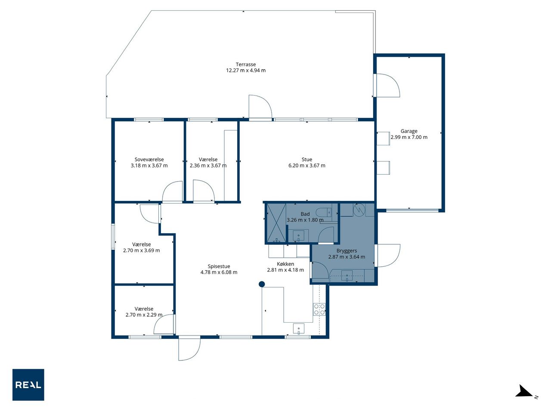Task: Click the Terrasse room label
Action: coord(245,65)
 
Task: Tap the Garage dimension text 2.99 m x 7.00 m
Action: coord(409,137)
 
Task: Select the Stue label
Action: coord(307,160)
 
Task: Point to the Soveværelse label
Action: coord(149,160)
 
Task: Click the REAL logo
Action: coord(28,385)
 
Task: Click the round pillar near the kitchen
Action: coord(262,284)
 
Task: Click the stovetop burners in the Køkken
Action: coord(319,309)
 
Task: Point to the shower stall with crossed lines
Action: coord(276,223)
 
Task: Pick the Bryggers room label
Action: coord(347,251)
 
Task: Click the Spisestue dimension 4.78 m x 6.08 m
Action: coord(219,272)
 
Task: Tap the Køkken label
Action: coord(285,264)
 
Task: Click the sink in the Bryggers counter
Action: coord(347,276)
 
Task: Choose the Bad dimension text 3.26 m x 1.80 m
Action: coord(305,220)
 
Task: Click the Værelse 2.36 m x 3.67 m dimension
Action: coord(208,166)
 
